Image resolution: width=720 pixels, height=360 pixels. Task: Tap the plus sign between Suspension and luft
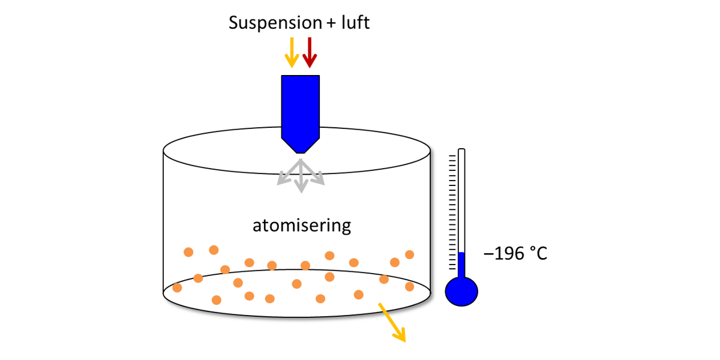pyautogui.click(x=332, y=24)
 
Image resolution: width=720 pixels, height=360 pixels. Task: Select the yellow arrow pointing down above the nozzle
pyautogui.click(x=292, y=52)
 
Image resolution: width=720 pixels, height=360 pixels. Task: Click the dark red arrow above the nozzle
pyautogui.click(x=309, y=52)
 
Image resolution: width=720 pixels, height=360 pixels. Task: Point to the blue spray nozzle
pyautogui.click(x=300, y=108)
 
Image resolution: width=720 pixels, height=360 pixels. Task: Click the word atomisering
pyautogui.click(x=301, y=226)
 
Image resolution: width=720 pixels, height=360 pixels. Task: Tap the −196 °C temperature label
pyautogui.click(x=515, y=254)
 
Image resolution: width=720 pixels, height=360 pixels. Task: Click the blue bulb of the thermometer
pyautogui.click(x=461, y=292)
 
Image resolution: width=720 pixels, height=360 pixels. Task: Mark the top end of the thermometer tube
pyautogui.click(x=461, y=150)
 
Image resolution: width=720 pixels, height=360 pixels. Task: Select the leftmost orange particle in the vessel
pyautogui.click(x=177, y=287)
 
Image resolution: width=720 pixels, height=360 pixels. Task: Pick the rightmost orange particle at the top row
pyautogui.click(x=410, y=254)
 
